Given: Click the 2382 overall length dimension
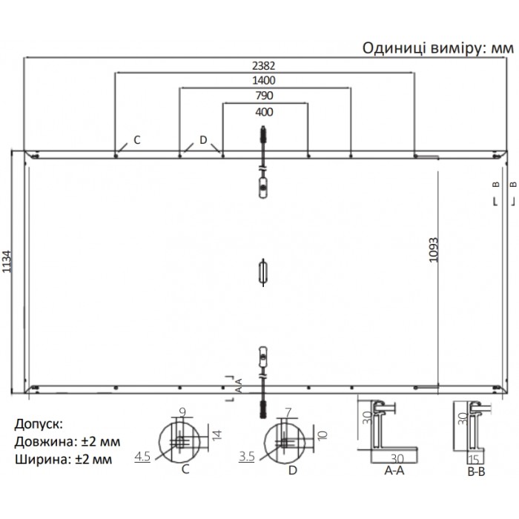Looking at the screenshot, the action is [x=264, y=65].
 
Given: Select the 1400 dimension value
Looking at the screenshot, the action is [x=264, y=80].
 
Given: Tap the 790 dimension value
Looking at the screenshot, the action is [x=264, y=96].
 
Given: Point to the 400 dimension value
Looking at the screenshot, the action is [x=264, y=112].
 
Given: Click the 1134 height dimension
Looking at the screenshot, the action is [x=7, y=262].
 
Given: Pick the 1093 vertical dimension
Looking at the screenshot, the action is [x=433, y=250].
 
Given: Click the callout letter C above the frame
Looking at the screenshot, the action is [x=137, y=140].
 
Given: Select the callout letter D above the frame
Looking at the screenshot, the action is [x=203, y=140].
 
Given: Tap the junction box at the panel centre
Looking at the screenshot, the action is [x=263, y=272].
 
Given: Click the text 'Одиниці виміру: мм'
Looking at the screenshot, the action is [x=438, y=48].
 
